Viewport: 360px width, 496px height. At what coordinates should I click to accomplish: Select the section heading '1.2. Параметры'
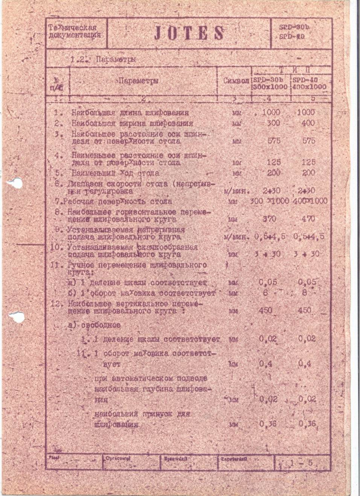click(x=103, y=60)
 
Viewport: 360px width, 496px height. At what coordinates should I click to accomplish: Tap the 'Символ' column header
click(x=236, y=81)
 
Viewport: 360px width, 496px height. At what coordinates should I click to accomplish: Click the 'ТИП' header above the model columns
click(x=293, y=70)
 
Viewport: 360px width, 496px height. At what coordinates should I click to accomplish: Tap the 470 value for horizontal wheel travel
click(x=307, y=219)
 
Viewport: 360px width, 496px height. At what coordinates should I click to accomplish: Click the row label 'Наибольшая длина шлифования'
click(x=130, y=113)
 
